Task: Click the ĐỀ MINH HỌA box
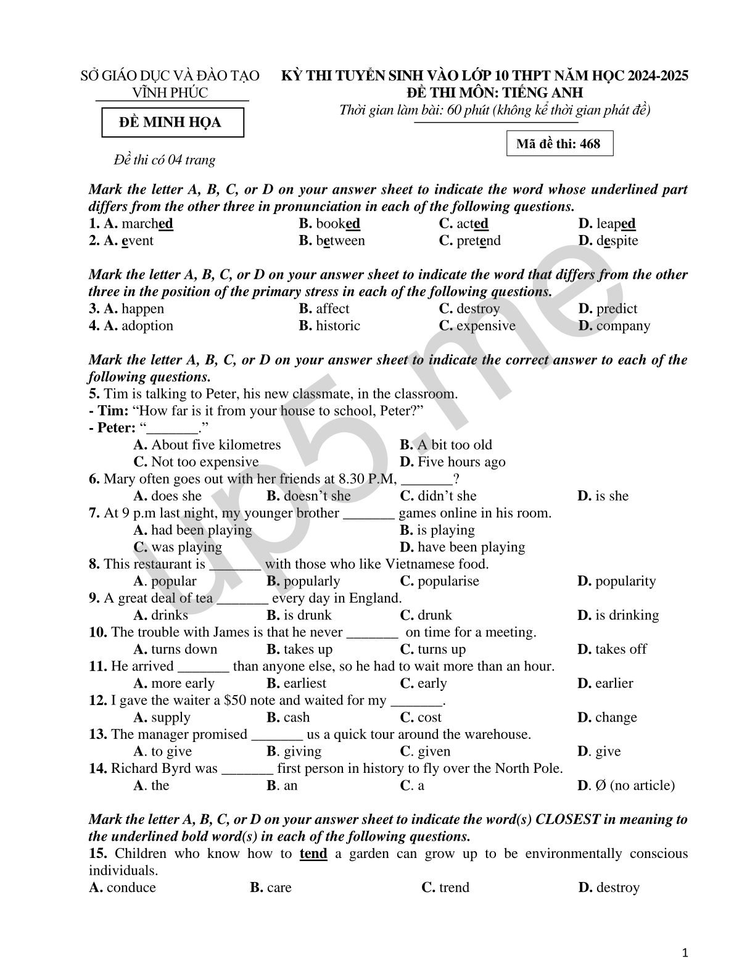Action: (x=172, y=122)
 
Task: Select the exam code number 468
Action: (x=590, y=144)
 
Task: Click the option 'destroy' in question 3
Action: (x=478, y=308)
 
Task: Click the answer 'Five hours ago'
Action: (x=461, y=462)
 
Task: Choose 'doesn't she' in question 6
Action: (x=316, y=496)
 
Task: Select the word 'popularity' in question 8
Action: (x=625, y=581)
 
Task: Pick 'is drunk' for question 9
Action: (x=307, y=615)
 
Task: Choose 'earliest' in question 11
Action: (x=305, y=683)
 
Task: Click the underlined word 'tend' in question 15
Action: (x=313, y=854)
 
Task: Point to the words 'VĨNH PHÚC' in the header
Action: (x=170, y=93)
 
